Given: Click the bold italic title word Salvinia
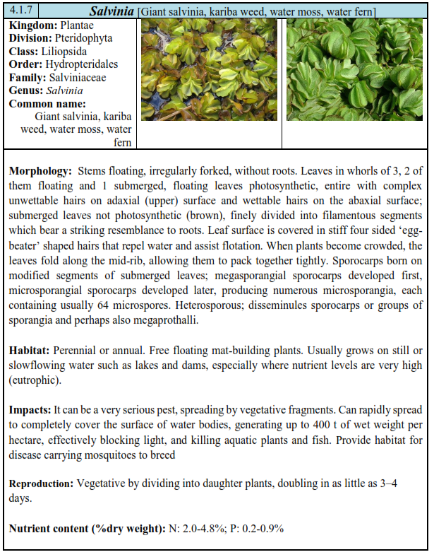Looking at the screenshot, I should [x=113, y=12].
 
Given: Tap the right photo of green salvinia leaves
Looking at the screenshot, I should [x=354, y=70].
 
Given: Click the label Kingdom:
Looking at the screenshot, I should [x=33, y=25].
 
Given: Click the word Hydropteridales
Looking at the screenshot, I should [x=82, y=64].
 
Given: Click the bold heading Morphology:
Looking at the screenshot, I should [x=40, y=171].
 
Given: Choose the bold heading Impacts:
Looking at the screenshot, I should [x=30, y=410].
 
